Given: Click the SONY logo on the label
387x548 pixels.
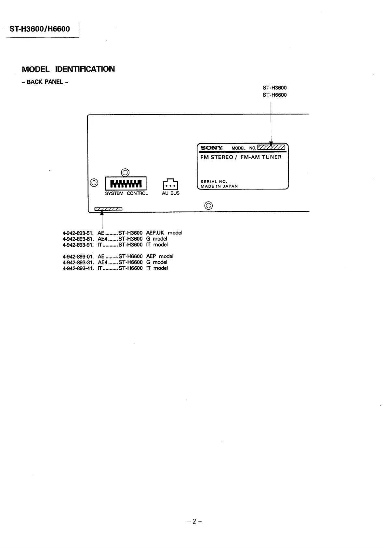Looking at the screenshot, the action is [x=211, y=148].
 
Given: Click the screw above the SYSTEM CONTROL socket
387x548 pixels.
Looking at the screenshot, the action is [x=125, y=172].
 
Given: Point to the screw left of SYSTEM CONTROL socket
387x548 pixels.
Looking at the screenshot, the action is [x=94, y=183].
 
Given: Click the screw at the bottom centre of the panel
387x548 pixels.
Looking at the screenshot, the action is [x=209, y=205].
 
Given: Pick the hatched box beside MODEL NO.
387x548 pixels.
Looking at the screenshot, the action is [x=271, y=148].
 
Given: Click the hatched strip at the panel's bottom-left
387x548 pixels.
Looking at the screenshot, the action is [x=108, y=209].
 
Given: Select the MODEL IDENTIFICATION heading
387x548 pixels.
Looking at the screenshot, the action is [x=68, y=69].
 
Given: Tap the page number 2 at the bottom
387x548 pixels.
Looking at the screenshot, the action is [x=194, y=522].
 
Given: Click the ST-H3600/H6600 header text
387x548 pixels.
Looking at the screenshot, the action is [x=40, y=29].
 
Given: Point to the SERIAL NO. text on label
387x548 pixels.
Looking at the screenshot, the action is [x=214, y=182].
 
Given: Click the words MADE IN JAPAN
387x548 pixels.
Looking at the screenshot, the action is [x=219, y=186].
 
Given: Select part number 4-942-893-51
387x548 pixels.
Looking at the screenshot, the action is [x=78, y=233].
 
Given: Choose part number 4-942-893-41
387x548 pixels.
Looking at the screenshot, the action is [x=78, y=268].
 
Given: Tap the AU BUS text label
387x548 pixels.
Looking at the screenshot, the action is [x=171, y=193].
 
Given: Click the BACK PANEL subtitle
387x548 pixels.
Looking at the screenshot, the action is [x=45, y=82].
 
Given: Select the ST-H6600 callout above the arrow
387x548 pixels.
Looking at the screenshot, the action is [x=274, y=95].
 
